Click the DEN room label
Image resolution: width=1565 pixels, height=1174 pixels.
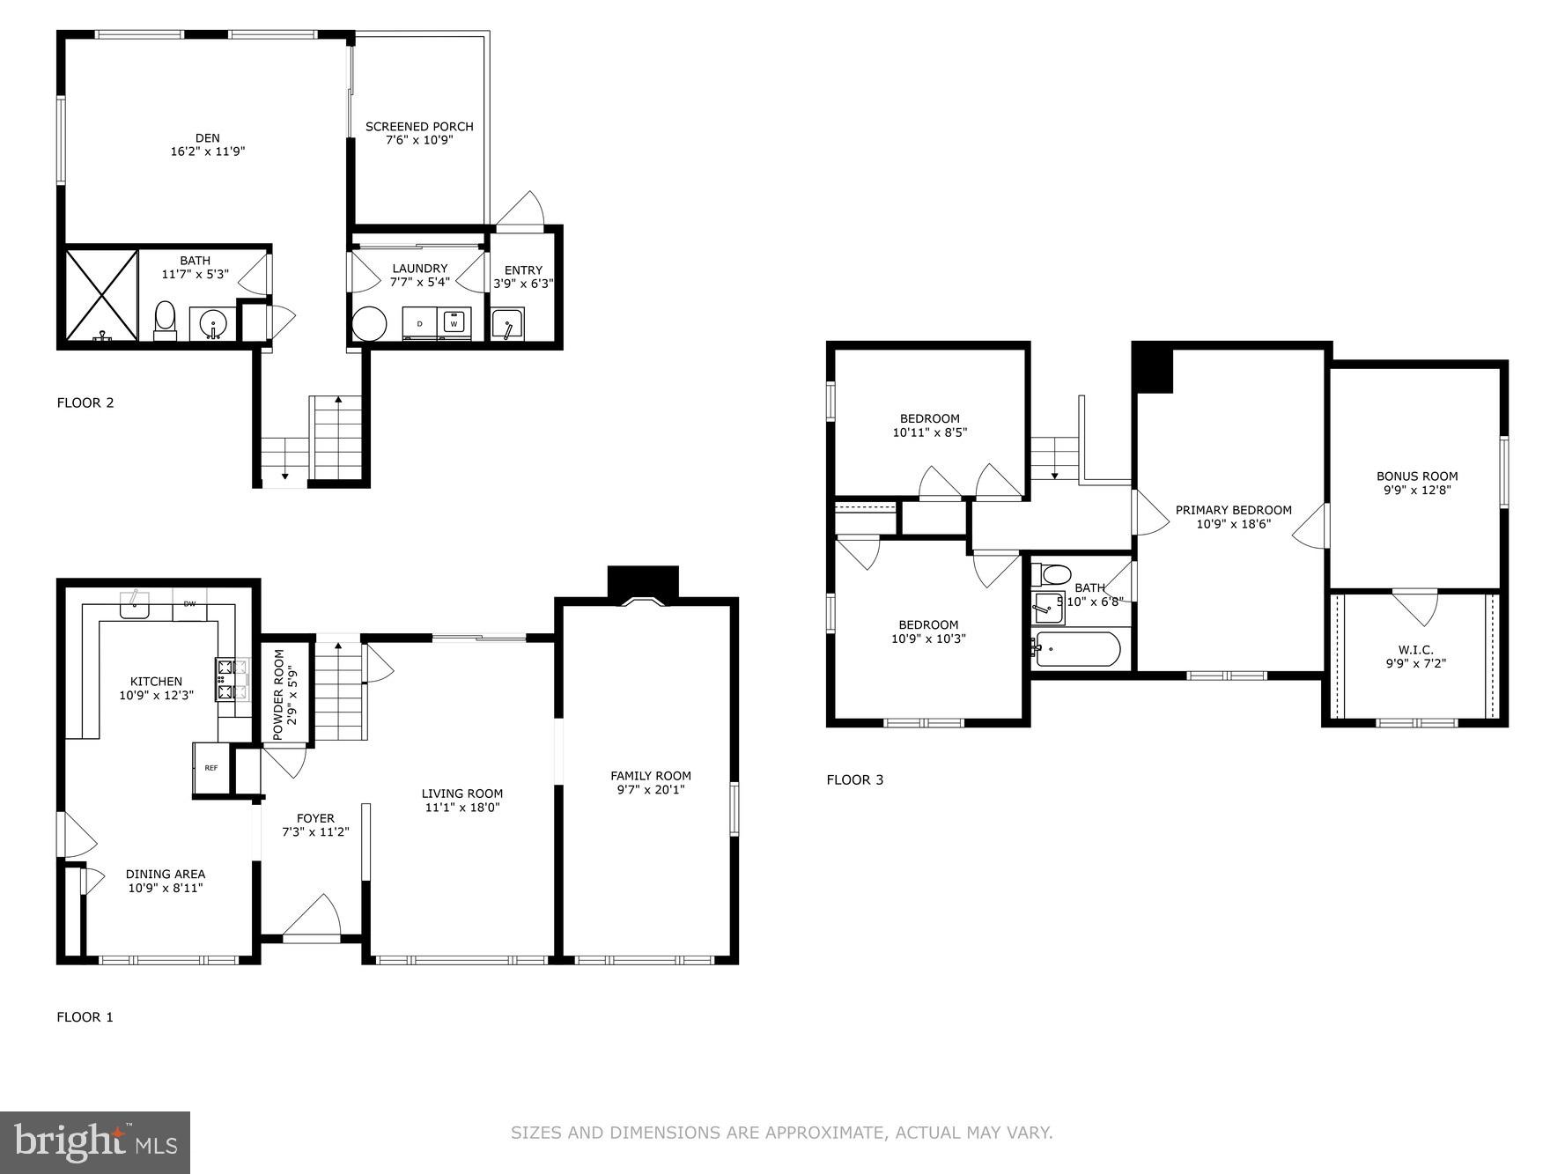pos(208,138)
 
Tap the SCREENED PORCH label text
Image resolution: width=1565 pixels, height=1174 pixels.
pos(419,127)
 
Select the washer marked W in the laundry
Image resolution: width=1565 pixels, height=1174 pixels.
pos(454,323)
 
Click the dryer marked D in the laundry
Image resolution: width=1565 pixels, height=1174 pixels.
pos(420,323)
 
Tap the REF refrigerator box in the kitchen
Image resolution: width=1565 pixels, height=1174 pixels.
pos(211,769)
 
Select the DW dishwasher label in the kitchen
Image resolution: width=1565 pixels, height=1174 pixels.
pos(189,604)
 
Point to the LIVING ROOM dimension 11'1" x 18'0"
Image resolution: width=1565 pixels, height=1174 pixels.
pos(461,807)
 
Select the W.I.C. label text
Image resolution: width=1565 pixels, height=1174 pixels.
pos(1415,650)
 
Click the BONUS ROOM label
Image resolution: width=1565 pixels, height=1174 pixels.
pos(1417,476)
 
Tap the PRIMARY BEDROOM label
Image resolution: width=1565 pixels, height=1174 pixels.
pos(1233,510)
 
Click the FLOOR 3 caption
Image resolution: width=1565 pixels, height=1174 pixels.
pos(854,779)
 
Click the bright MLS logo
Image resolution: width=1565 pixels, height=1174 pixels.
pos(95,1142)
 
